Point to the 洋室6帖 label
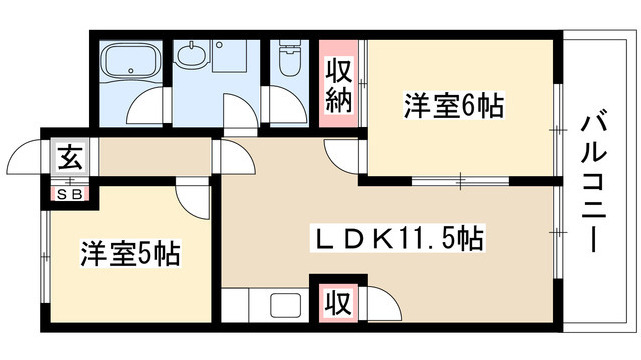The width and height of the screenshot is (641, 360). [453, 104]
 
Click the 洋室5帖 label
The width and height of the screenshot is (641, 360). [130, 254]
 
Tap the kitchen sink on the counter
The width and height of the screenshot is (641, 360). [283, 306]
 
